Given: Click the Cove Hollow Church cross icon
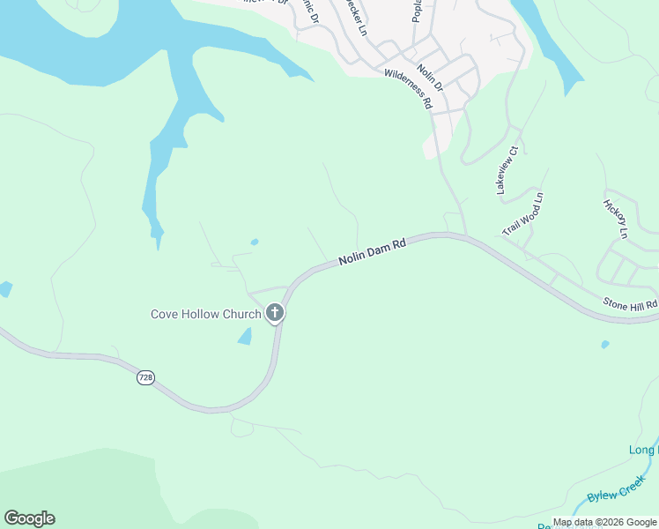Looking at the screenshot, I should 275,312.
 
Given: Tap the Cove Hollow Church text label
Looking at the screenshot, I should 205,314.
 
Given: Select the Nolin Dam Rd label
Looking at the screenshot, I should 372,251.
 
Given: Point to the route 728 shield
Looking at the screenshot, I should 146,377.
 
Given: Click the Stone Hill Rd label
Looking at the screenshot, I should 630,304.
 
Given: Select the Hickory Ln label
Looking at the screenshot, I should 614,219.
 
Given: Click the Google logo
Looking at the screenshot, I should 29,518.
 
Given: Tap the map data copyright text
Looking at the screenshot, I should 604,522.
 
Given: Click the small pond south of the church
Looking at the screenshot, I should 245,336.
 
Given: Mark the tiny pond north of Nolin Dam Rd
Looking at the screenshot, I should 255,242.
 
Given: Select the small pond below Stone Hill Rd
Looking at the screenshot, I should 604,344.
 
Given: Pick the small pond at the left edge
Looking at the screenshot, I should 5,288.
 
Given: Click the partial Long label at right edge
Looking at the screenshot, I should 644,451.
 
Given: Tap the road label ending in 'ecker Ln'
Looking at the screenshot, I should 359,19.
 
